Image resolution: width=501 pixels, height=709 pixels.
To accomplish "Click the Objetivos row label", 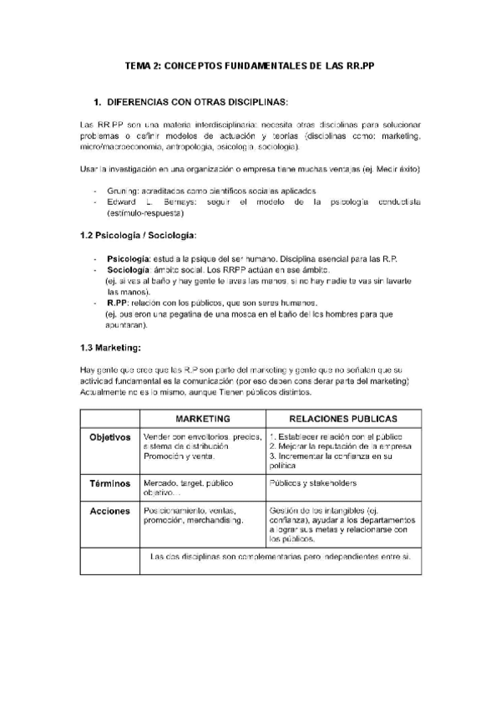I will point(110,437).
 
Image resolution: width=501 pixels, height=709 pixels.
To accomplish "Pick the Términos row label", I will point(110,483).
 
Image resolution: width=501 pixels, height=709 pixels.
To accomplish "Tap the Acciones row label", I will point(110,510).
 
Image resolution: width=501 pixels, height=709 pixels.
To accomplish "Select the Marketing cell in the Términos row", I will point(189,488).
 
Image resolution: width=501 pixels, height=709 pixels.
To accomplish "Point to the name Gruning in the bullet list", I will point(124,191).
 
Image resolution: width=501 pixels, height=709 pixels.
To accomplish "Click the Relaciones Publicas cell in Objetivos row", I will point(342,447).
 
